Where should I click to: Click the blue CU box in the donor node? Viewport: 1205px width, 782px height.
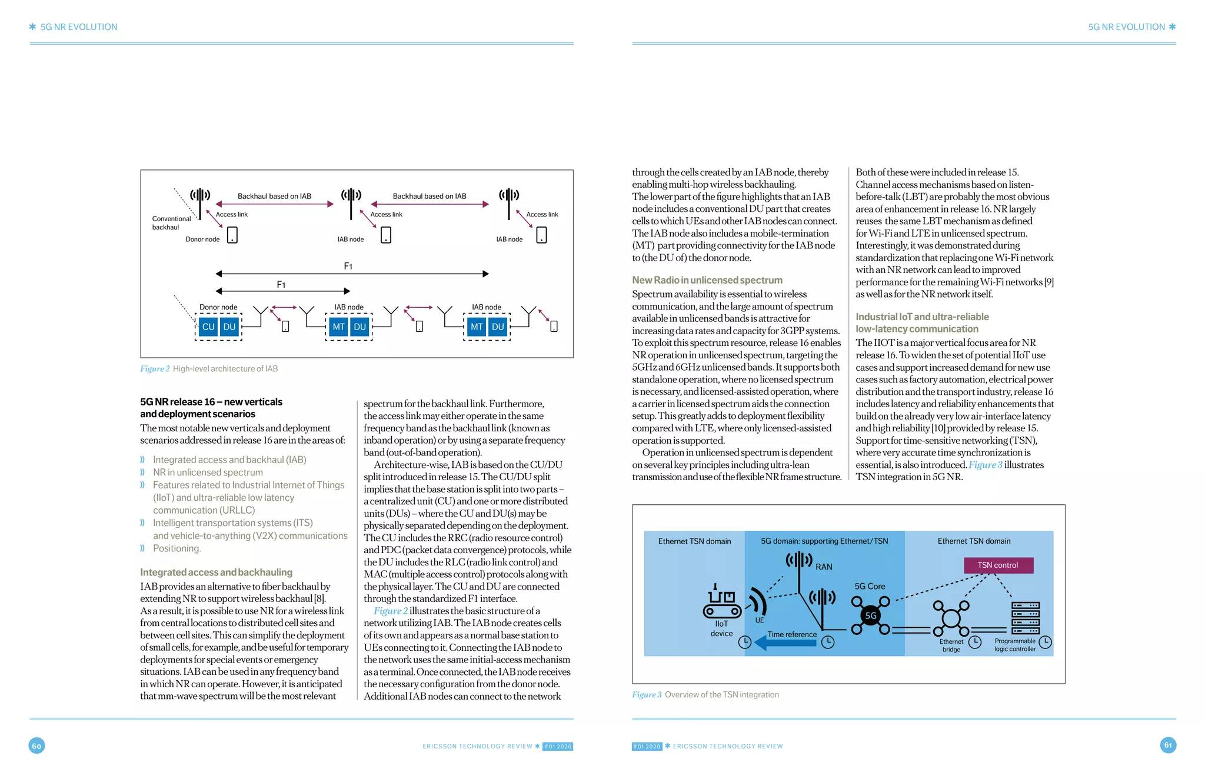(208, 327)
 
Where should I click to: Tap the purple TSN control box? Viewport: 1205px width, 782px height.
(998, 565)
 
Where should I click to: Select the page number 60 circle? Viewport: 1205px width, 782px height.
(36, 746)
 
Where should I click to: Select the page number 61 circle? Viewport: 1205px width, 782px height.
(1168, 745)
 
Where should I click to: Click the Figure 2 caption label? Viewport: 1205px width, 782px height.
(155, 369)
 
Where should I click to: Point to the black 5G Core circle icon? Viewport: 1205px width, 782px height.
(870, 615)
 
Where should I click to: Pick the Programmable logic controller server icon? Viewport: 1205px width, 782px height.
(1025, 617)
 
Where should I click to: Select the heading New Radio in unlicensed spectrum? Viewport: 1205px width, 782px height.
(707, 280)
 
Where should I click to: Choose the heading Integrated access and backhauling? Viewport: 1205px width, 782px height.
(216, 572)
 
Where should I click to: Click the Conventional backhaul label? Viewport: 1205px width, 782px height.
(171, 223)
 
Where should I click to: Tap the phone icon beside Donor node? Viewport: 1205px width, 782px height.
(232, 235)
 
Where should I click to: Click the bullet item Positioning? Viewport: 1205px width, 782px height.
(177, 548)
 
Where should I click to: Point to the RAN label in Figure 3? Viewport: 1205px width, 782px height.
(824, 567)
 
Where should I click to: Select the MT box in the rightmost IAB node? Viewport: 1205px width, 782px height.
(477, 327)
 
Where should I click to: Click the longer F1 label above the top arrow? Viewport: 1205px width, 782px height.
(348, 267)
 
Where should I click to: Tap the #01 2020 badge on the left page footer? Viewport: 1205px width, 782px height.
(558, 746)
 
